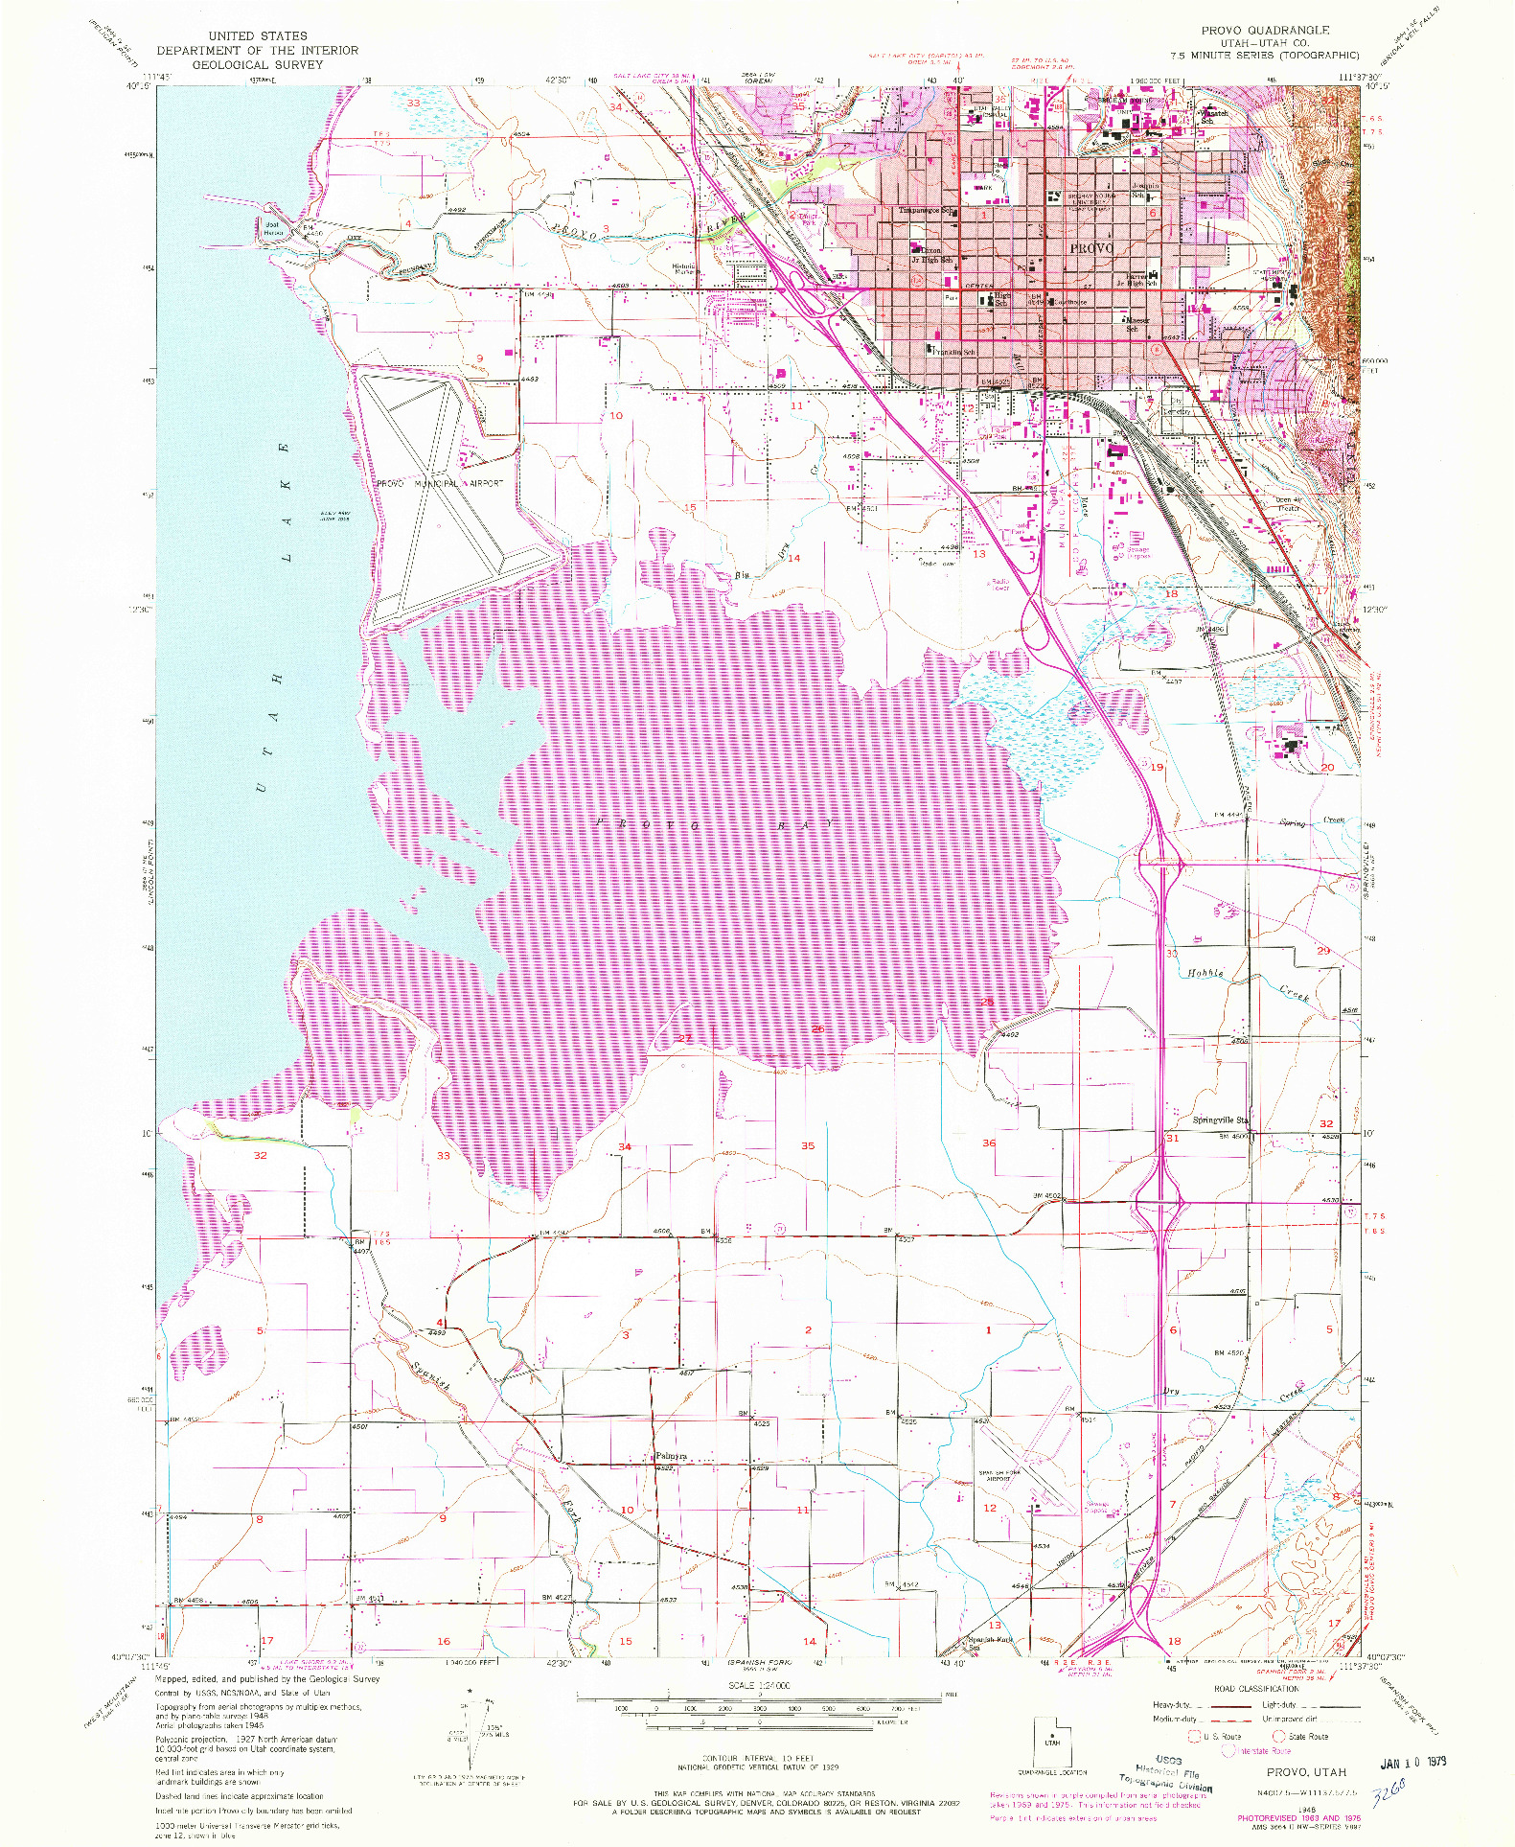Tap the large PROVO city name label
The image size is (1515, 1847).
1091,247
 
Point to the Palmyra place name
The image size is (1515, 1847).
671,1456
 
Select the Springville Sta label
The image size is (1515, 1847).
1220,1120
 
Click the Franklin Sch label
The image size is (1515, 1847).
952,352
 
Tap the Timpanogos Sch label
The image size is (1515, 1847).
925,211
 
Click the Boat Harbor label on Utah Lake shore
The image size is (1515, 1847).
273,228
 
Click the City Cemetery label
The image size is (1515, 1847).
1177,406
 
